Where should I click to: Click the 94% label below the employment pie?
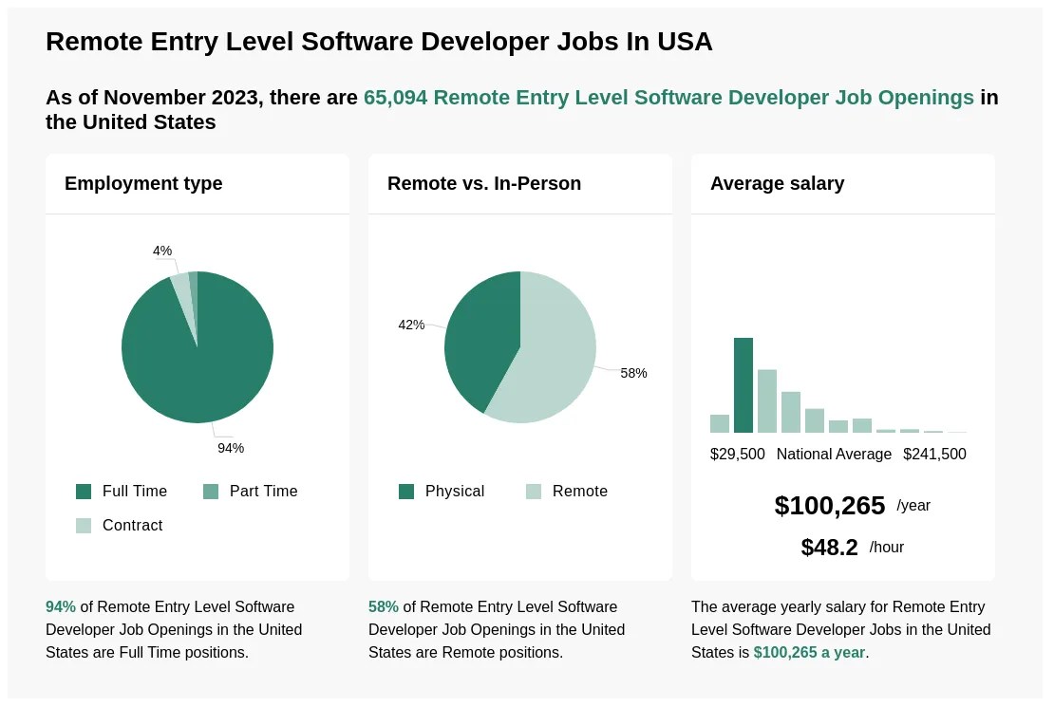(x=231, y=448)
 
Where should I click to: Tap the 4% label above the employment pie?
(x=162, y=251)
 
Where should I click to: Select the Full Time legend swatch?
(x=84, y=492)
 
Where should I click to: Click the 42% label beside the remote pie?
(x=411, y=325)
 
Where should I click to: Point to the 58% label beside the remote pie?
(x=633, y=373)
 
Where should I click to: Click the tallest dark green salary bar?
(x=743, y=385)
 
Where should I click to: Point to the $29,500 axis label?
(x=737, y=455)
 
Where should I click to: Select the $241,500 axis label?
(x=934, y=455)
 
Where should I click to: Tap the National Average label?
(x=834, y=455)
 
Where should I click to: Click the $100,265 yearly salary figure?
(x=829, y=506)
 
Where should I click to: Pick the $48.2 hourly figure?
(x=829, y=548)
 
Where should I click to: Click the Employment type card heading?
(x=143, y=183)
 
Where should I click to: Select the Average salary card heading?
(x=777, y=183)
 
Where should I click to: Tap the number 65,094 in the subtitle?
(x=395, y=98)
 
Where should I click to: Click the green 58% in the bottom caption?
(x=383, y=606)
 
